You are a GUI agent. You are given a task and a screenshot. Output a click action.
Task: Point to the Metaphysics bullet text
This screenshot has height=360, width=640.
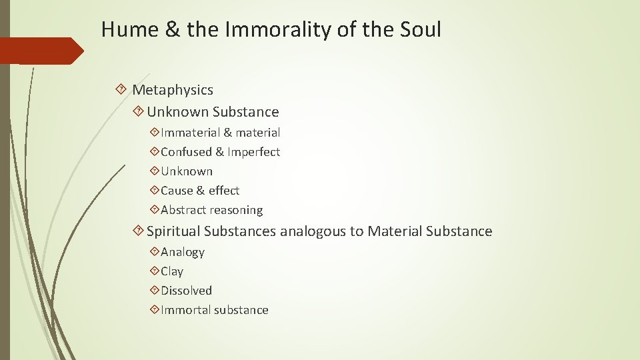click(x=173, y=89)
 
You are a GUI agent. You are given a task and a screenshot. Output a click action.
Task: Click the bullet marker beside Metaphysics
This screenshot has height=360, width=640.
click(x=121, y=89)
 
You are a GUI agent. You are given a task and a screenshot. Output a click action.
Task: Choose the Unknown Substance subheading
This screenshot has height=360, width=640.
click(x=213, y=111)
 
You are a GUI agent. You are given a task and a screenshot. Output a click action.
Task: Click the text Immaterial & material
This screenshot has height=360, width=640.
click(x=220, y=133)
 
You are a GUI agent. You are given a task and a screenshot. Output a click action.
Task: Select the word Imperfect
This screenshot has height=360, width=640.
click(x=253, y=152)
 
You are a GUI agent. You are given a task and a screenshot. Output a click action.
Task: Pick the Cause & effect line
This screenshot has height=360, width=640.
click(x=200, y=191)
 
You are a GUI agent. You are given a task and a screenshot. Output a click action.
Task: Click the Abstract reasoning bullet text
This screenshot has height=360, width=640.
click(x=211, y=210)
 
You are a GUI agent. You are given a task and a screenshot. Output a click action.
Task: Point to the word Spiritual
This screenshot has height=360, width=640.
click(x=173, y=231)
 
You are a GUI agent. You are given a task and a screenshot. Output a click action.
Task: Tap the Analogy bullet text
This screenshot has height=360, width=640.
click(x=182, y=252)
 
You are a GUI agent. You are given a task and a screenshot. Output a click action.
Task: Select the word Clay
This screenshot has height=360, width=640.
click(x=172, y=271)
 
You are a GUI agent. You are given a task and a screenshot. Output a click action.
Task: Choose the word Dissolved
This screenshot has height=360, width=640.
click(x=186, y=291)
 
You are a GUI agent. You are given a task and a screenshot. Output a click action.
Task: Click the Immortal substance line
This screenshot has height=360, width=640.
click(x=214, y=310)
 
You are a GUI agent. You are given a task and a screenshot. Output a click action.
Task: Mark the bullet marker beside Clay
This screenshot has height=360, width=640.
click(x=155, y=271)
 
